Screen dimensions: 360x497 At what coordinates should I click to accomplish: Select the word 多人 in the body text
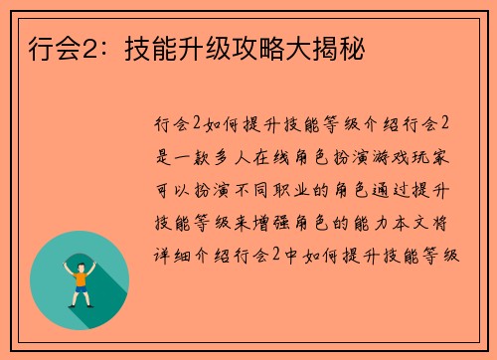(x=246, y=156)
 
